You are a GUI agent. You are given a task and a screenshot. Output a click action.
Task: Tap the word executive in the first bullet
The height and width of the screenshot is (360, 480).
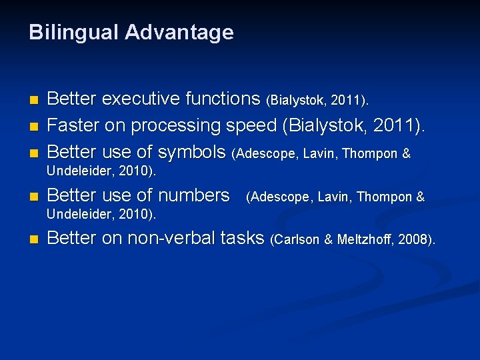[140, 99]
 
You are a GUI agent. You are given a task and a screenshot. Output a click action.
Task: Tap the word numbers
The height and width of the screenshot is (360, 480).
[193, 195]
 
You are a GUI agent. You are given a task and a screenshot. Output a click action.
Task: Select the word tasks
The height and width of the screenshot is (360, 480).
[242, 238]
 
